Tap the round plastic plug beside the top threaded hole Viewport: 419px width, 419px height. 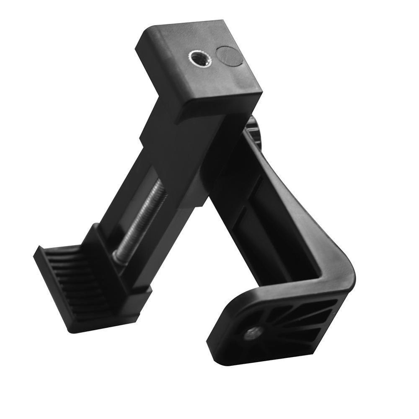coord(229,56)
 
